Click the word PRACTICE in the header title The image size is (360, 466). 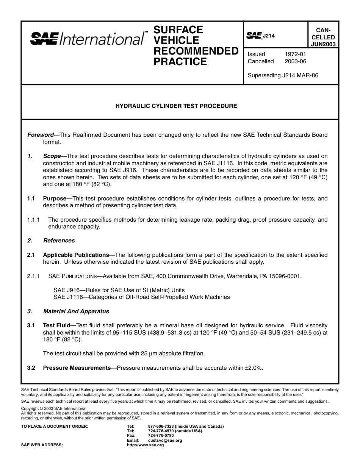tap(180, 62)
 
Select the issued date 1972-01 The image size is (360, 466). tap(295, 54)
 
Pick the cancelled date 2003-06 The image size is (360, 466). tap(295, 61)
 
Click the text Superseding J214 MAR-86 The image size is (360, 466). tap(283, 75)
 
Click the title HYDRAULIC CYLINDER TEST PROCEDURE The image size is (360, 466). tap(176, 106)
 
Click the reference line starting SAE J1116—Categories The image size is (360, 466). tap(141, 297)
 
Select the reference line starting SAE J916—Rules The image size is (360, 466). tap(119, 290)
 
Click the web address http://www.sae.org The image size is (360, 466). tap(145, 445)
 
